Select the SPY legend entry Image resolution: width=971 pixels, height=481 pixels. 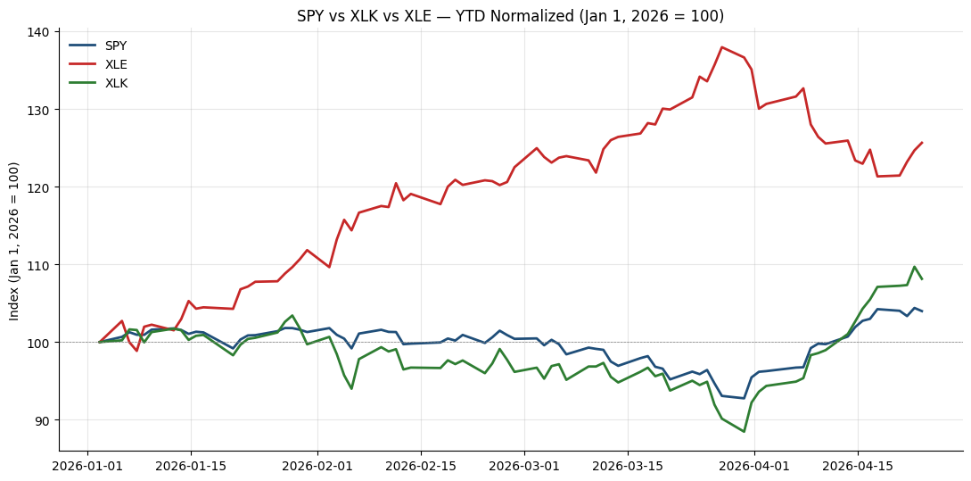click(98, 46)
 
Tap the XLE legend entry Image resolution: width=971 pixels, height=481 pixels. click(98, 64)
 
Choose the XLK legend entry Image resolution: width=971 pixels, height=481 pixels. click(98, 84)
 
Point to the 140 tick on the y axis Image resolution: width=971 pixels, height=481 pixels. click(44, 32)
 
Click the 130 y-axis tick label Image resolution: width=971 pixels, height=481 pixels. click(44, 110)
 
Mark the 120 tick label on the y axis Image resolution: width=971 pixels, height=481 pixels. click(44, 187)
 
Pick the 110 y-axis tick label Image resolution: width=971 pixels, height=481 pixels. click(44, 265)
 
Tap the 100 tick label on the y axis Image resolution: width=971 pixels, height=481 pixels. click(44, 342)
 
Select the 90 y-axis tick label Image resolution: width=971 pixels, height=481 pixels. click(46, 420)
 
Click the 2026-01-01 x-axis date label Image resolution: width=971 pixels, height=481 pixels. click(87, 464)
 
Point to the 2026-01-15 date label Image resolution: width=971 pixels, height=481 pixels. click(191, 464)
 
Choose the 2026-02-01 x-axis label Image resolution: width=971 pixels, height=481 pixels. click(317, 464)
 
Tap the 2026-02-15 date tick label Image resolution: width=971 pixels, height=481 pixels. click(421, 464)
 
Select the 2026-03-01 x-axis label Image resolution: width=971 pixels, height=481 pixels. click(524, 464)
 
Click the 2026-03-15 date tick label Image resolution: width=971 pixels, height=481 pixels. click(628, 464)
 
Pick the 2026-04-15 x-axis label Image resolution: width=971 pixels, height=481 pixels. click(858, 464)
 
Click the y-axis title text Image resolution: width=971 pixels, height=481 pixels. click(14, 241)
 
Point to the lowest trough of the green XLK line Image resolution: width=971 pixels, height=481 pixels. click(744, 431)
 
